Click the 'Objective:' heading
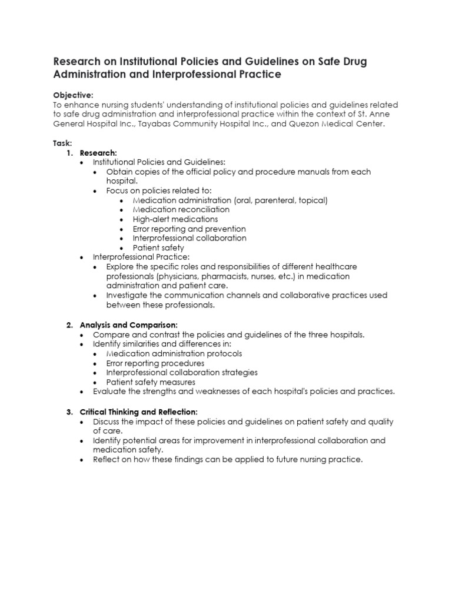click(73, 95)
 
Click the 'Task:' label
click(62, 143)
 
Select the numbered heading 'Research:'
click(98, 152)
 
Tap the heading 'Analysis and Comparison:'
click(128, 325)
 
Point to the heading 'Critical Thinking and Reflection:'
click(139, 412)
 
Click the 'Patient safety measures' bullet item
click(151, 382)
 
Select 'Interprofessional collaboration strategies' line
click(181, 373)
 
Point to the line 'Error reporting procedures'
click(155, 363)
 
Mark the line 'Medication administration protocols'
click(174, 354)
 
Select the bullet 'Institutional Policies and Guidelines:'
click(159, 162)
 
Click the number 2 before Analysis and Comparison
click(69, 325)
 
